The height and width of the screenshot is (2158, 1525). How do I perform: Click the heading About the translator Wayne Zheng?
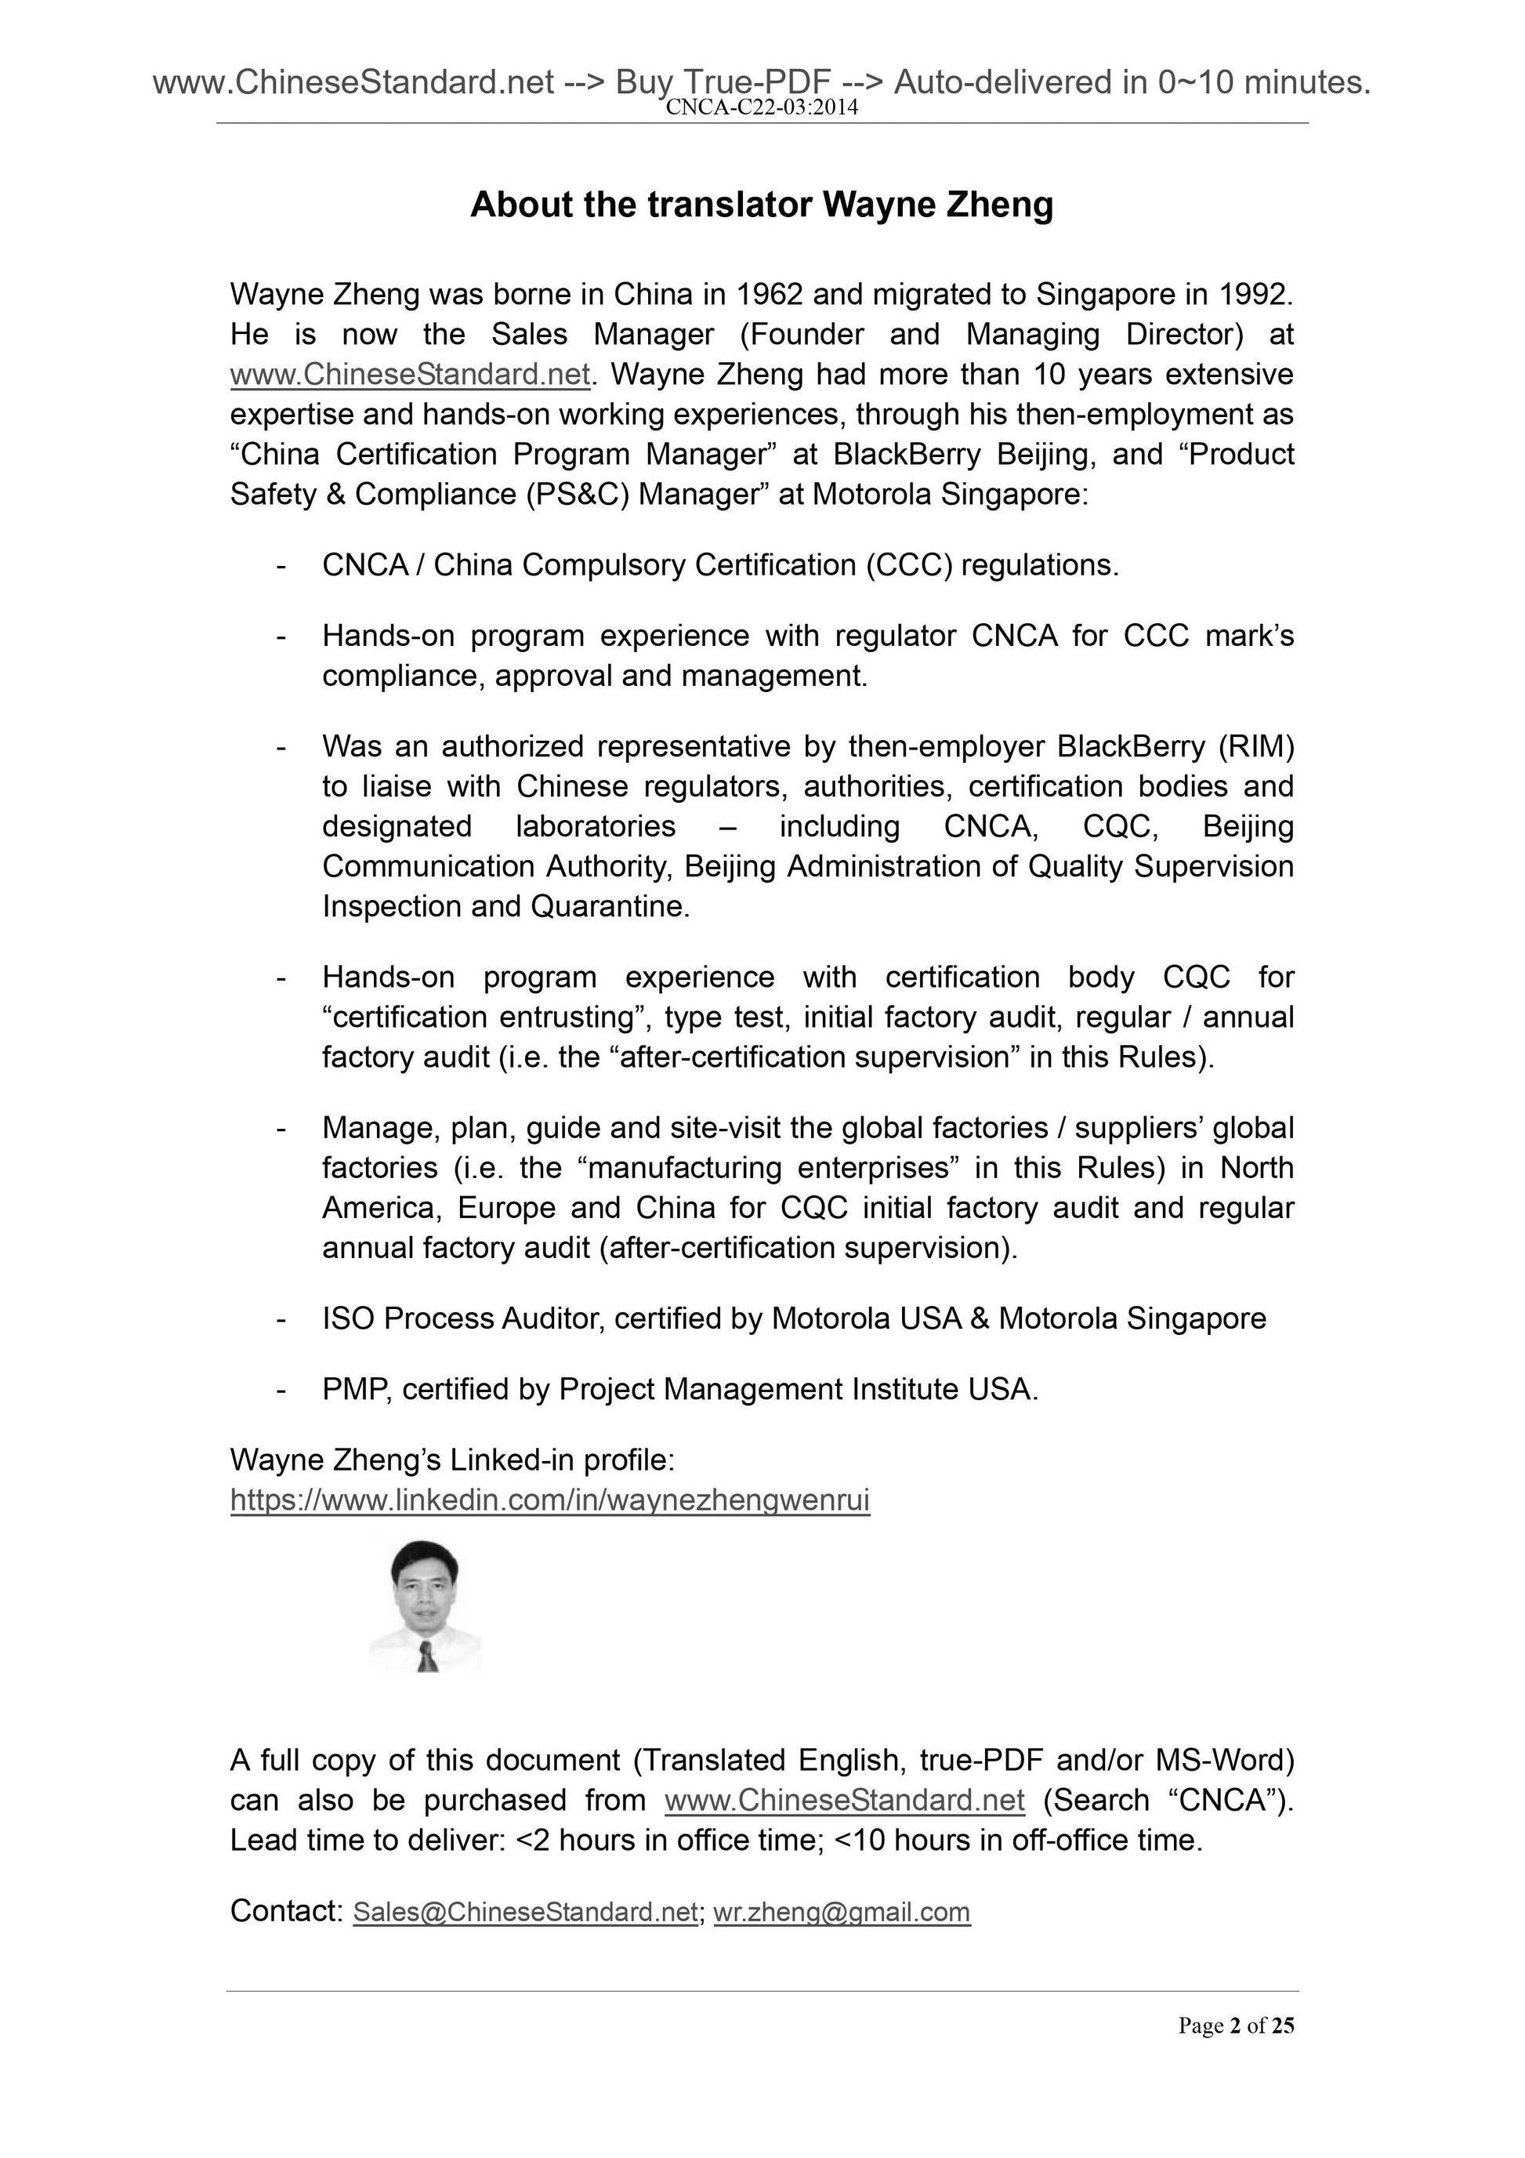(x=761, y=204)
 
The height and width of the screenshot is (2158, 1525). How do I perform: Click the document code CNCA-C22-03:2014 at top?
(x=761, y=107)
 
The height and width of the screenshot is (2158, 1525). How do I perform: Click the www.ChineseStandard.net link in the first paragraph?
(x=410, y=374)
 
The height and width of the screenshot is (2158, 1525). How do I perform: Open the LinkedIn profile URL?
(x=549, y=1500)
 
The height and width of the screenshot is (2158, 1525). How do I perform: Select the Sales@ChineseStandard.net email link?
(x=525, y=1912)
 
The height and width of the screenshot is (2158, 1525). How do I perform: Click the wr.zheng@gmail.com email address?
(x=842, y=1912)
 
